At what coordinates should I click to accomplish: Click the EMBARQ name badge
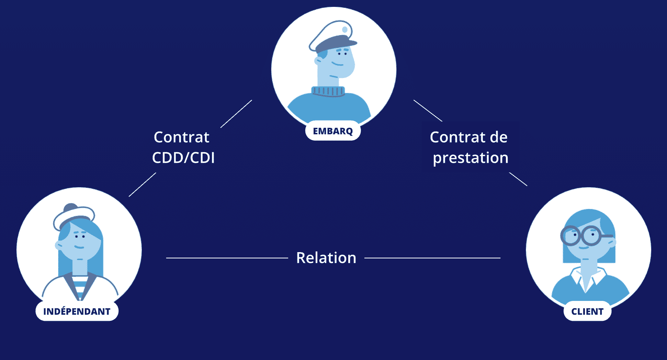(333, 131)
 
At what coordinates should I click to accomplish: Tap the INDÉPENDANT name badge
(77, 311)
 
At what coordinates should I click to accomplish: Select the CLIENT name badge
(587, 311)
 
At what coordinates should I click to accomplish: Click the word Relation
(326, 258)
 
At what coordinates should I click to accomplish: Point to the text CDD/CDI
(183, 158)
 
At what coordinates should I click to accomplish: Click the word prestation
(471, 158)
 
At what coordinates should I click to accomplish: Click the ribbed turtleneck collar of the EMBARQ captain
(328, 91)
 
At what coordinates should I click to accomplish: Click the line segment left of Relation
(227, 258)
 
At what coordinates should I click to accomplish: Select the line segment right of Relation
(432, 258)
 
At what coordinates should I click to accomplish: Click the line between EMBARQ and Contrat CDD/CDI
(236, 114)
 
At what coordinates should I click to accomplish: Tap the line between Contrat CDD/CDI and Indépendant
(142, 184)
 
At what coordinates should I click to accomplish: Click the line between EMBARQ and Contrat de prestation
(428, 111)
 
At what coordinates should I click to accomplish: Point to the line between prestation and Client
(518, 179)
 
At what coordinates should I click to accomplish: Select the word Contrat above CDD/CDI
(181, 137)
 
